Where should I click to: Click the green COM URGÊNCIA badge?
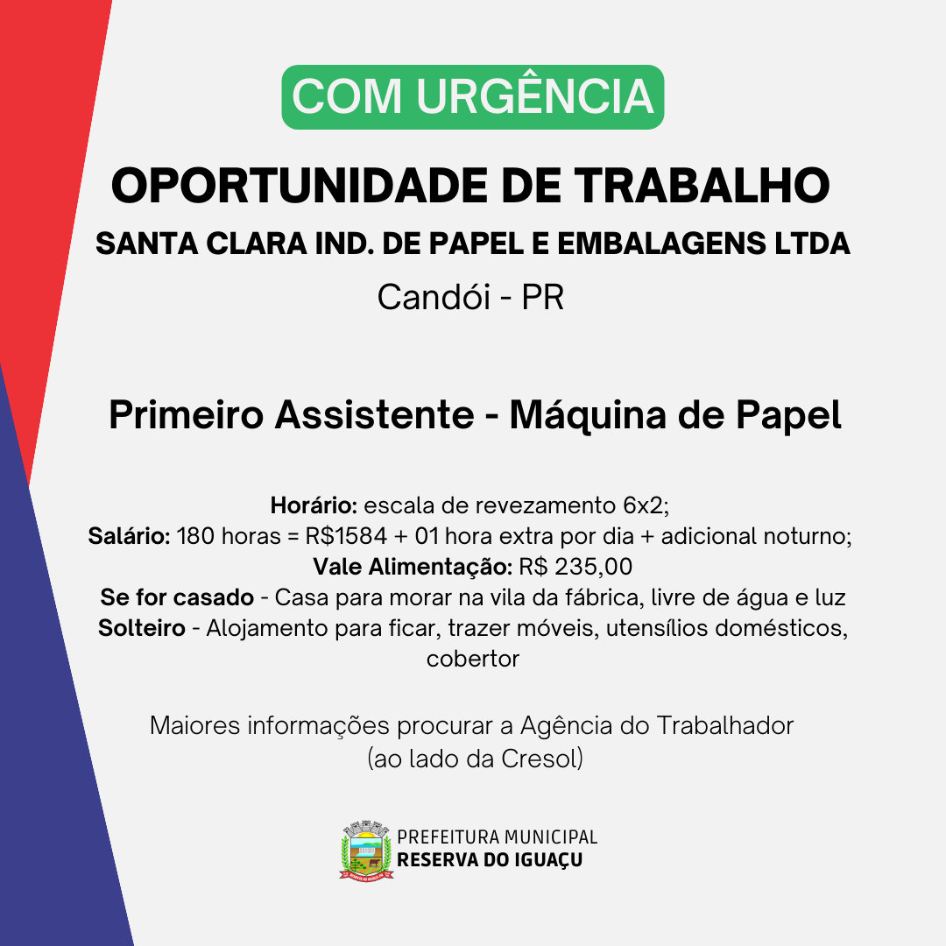[472, 97]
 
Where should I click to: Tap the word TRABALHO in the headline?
[702, 185]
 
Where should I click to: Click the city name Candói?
[434, 297]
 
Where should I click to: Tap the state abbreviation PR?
[542, 297]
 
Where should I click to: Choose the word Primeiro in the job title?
[187, 414]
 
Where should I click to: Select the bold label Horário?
[314, 505]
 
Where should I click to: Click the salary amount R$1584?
[346, 536]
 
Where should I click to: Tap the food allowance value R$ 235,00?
[575, 567]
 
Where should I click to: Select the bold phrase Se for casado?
[177, 597]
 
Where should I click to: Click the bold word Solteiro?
[141, 628]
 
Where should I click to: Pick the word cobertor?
[472, 659]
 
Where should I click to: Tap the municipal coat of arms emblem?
[366, 851]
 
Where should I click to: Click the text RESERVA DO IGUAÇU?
[490, 860]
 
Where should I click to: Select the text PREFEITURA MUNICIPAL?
[498, 837]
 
